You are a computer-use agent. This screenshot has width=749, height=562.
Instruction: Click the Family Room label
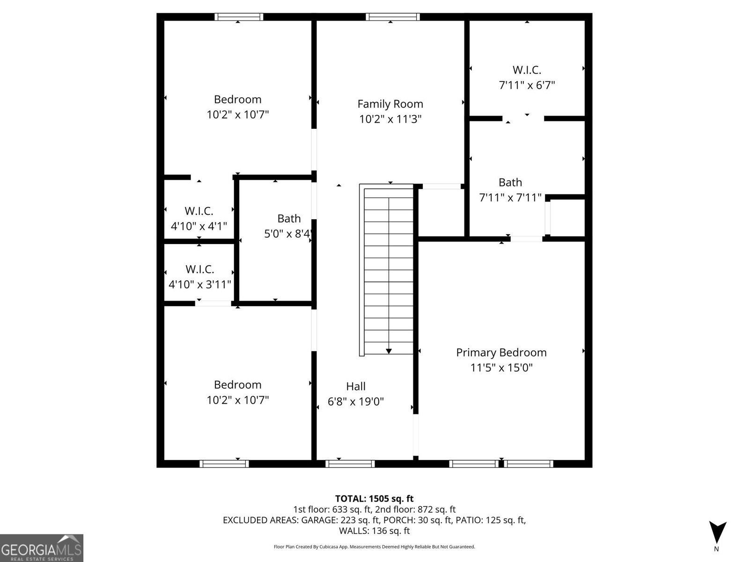[x=390, y=104]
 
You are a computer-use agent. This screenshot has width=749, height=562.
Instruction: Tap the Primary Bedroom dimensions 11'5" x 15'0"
[x=501, y=368]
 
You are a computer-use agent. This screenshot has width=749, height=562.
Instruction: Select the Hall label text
[x=356, y=386]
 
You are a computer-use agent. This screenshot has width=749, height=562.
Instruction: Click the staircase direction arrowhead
[x=389, y=351]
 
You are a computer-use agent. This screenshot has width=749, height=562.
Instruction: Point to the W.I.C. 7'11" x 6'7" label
[x=527, y=77]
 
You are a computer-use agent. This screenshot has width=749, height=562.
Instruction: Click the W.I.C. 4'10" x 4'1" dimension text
[x=199, y=226]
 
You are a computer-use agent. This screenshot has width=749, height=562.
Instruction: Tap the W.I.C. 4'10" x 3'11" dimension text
[x=200, y=284]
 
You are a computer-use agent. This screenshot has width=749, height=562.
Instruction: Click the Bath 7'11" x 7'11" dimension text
[x=510, y=198]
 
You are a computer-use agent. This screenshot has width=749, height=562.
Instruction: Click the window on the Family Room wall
[x=392, y=17]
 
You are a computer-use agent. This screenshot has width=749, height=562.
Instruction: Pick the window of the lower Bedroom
[x=224, y=464]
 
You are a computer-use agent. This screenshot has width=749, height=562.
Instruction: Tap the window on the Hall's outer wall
[x=350, y=464]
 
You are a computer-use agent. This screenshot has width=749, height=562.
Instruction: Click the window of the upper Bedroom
[x=239, y=17]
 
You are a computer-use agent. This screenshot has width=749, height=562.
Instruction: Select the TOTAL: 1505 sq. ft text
[x=374, y=499]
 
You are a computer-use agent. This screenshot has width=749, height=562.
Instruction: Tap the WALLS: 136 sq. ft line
[x=374, y=531]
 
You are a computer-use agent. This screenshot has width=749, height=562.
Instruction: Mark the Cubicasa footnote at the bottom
[x=374, y=547]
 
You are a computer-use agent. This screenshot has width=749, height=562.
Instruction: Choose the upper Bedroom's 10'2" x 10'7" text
[x=238, y=115]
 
